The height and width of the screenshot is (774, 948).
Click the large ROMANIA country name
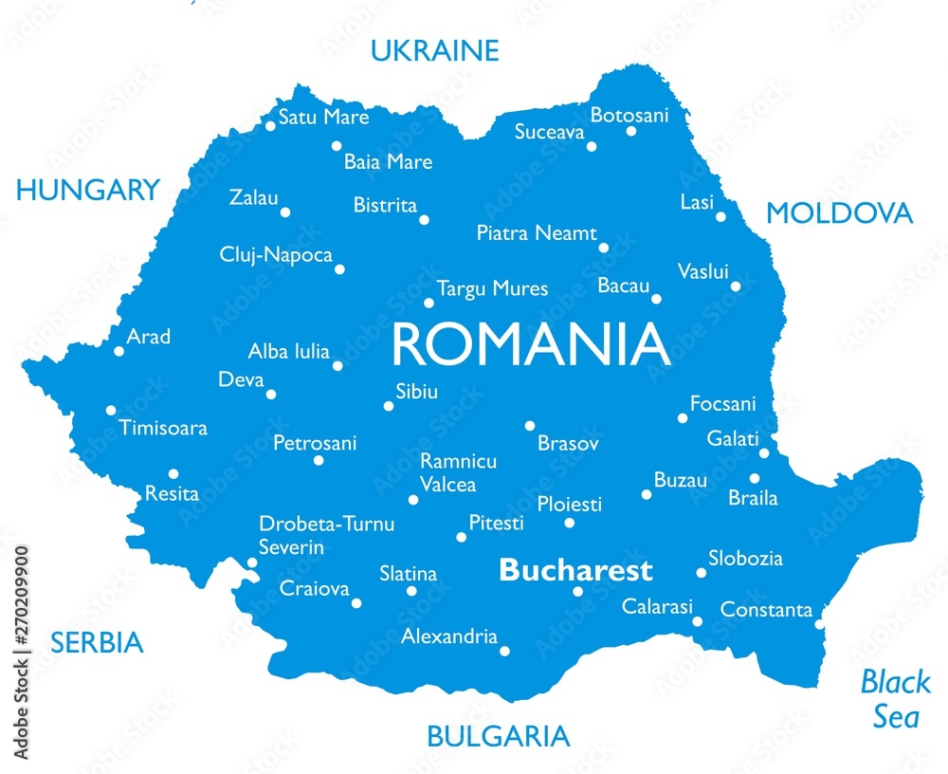click(531, 345)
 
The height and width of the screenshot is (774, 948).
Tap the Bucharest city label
click(575, 570)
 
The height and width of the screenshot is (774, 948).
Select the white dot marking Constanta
click(820, 623)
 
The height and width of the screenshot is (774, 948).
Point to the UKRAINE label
click(434, 50)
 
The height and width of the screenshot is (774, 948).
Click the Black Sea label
click(895, 698)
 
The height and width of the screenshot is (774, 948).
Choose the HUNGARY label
click(88, 190)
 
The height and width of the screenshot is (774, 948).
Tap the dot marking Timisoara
click(111, 411)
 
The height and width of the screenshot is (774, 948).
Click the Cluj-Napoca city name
click(276, 255)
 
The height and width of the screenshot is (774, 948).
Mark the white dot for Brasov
click(530, 426)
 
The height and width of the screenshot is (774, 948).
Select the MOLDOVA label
click(839, 213)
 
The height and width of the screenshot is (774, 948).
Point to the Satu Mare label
click(323, 118)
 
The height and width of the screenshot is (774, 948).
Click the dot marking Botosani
click(631, 131)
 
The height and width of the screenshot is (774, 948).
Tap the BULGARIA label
click(498, 735)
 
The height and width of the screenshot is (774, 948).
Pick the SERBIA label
click(97, 643)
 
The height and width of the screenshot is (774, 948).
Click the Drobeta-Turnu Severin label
click(326, 535)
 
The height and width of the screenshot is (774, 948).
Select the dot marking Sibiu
click(388, 406)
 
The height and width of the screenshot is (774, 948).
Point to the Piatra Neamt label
click(537, 232)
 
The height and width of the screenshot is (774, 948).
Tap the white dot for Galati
click(764, 453)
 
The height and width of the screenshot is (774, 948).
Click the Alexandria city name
click(449, 636)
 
